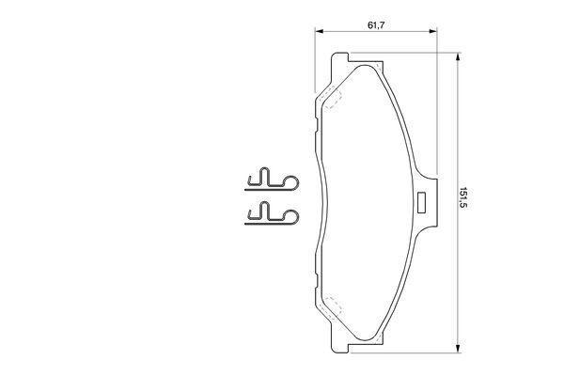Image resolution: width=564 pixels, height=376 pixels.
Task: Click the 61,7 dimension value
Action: point(376,25)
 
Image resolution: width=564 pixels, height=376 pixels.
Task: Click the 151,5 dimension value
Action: point(462,197)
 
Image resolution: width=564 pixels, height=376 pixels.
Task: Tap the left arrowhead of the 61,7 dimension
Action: point(318,31)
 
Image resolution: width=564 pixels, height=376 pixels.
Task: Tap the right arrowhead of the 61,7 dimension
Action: point(433,31)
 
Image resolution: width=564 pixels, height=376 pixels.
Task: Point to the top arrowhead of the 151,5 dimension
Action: point(458,56)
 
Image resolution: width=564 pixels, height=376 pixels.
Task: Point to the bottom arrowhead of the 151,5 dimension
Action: point(458,349)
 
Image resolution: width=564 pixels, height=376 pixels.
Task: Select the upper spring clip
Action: point(272,179)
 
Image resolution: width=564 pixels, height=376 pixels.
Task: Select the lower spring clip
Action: point(272,213)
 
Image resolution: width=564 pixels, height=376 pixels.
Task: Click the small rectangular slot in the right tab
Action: point(421,203)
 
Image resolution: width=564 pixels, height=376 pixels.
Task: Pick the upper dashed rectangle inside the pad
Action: point(331,97)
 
